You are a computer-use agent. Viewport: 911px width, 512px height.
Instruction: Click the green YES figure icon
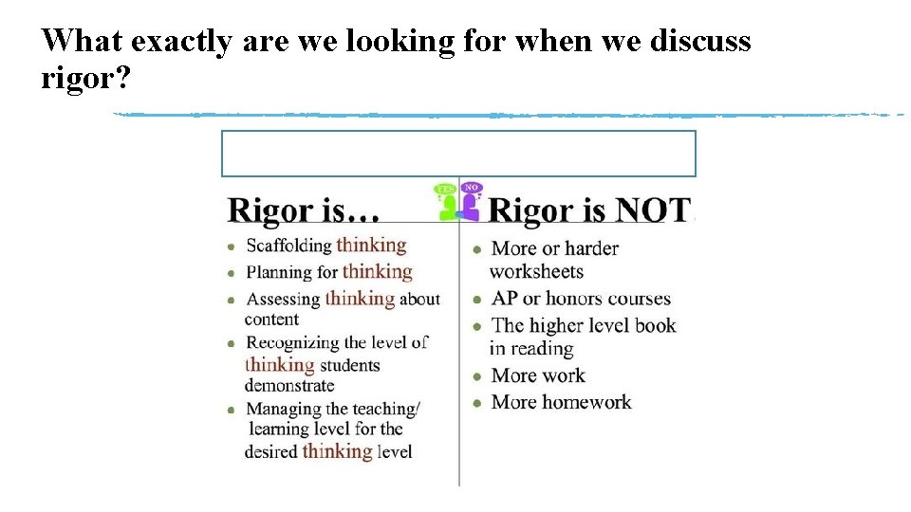446,201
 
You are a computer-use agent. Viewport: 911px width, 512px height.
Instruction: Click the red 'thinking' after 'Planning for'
377,272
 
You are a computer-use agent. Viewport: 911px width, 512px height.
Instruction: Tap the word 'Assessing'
283,299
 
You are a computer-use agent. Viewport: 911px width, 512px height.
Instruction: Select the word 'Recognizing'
292,342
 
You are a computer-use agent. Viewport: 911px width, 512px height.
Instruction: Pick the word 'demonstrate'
289,386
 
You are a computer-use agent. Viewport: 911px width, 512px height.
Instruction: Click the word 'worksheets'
536,271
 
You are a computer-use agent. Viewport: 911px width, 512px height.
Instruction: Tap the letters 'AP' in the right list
504,299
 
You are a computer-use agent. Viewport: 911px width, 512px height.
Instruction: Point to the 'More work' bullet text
538,375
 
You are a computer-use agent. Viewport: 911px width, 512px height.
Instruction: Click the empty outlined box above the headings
458,154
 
